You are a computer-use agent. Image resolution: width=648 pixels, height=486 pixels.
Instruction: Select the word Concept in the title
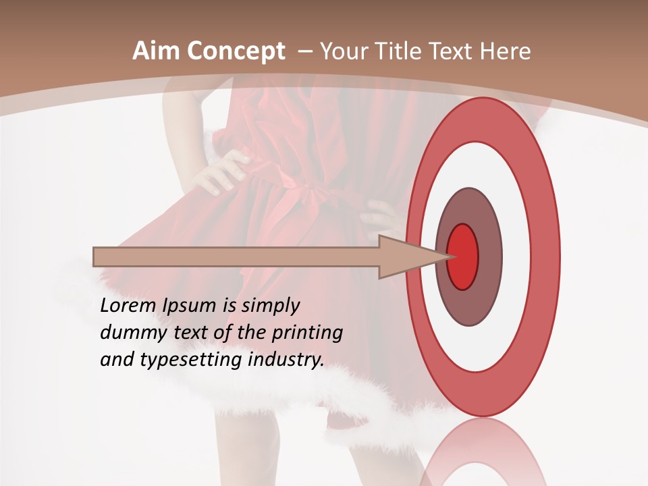236,52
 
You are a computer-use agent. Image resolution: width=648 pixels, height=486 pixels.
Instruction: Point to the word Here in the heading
506,51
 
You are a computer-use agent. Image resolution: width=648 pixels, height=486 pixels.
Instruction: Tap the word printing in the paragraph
306,333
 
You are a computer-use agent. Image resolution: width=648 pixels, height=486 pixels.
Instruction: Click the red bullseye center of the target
463,257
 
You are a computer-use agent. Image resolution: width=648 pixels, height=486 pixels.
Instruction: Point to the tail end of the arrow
95,257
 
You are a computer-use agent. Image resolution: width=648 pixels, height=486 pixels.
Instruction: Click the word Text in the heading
454,51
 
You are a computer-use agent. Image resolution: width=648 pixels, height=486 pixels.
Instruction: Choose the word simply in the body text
269,306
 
